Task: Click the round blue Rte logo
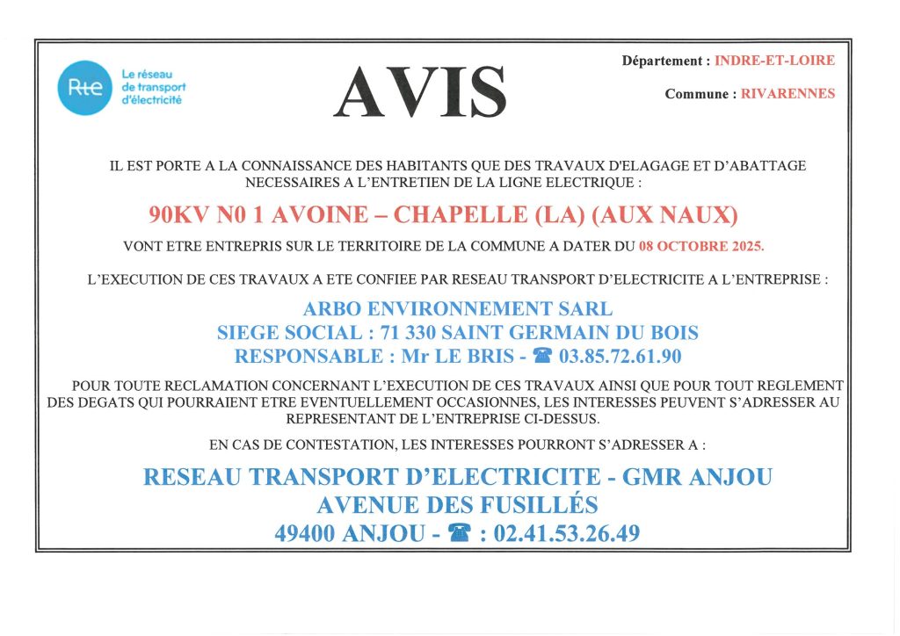(85, 88)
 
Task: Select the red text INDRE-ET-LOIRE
(774, 61)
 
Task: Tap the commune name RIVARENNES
(787, 94)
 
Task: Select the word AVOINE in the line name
(335, 215)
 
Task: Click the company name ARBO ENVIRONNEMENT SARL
(457, 309)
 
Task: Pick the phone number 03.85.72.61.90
(621, 357)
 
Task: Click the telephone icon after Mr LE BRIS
(544, 357)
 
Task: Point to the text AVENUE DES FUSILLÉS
(457, 505)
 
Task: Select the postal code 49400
(307, 532)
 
